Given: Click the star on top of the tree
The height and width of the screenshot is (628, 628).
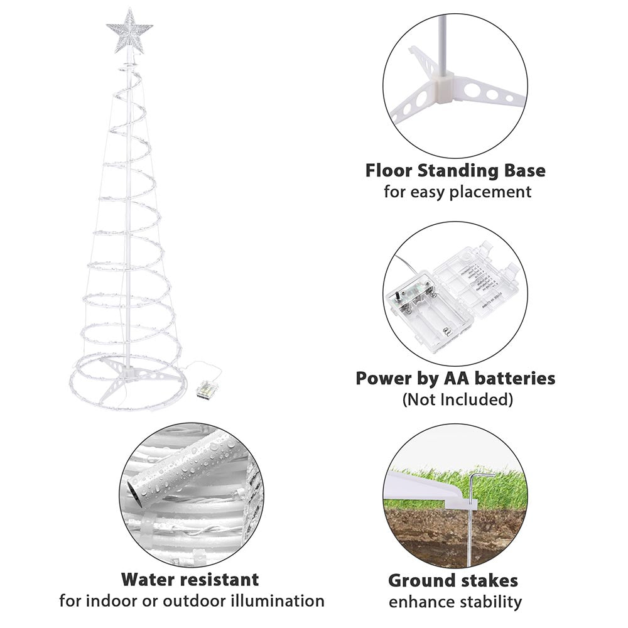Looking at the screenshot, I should point(129,30).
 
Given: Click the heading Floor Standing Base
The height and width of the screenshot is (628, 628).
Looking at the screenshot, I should point(455,171).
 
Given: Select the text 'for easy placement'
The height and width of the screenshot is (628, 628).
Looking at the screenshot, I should point(457,192).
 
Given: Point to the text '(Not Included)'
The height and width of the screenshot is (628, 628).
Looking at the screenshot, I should point(457,399).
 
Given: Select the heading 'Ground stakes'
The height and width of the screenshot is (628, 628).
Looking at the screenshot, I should point(453,580).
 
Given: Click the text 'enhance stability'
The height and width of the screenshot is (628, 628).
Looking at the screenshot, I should point(455,602).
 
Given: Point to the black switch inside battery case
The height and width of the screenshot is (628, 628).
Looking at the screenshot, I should point(398,295).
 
